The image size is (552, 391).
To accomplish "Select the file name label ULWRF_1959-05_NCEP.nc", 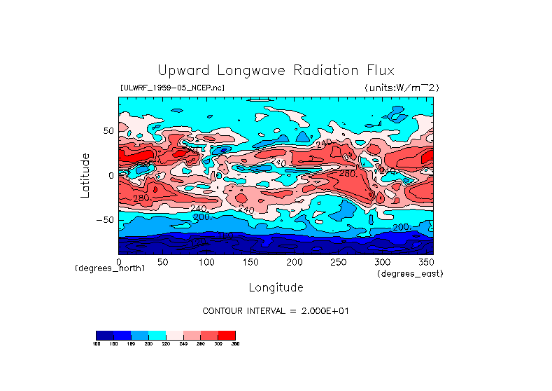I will pos(173,88).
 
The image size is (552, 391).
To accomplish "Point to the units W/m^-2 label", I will pos(401,88).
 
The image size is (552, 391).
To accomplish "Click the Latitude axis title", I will pos(85,175).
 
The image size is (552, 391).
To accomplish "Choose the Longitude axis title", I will pos(276,287).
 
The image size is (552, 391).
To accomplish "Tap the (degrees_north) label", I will pos(110,268).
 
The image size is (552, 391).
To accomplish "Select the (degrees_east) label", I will pos(410,274).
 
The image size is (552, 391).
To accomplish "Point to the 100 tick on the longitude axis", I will pos(206,261).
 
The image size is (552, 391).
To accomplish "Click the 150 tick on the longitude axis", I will pos(250,261).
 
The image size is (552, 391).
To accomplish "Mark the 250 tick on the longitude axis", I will pos(338,261).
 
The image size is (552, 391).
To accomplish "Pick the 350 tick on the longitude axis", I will pos(425,261).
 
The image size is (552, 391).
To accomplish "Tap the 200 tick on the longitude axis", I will pos(294,261).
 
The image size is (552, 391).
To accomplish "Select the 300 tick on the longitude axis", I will pos(382,261).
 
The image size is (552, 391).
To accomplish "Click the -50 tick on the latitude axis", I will pos(105,220).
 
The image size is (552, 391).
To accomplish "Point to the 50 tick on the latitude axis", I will pos(108,131).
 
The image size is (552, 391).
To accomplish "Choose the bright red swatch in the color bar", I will pos(227,335).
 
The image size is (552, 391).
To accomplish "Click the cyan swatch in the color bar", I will pos(157,335).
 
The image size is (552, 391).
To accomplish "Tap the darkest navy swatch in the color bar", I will pos(104,335).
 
